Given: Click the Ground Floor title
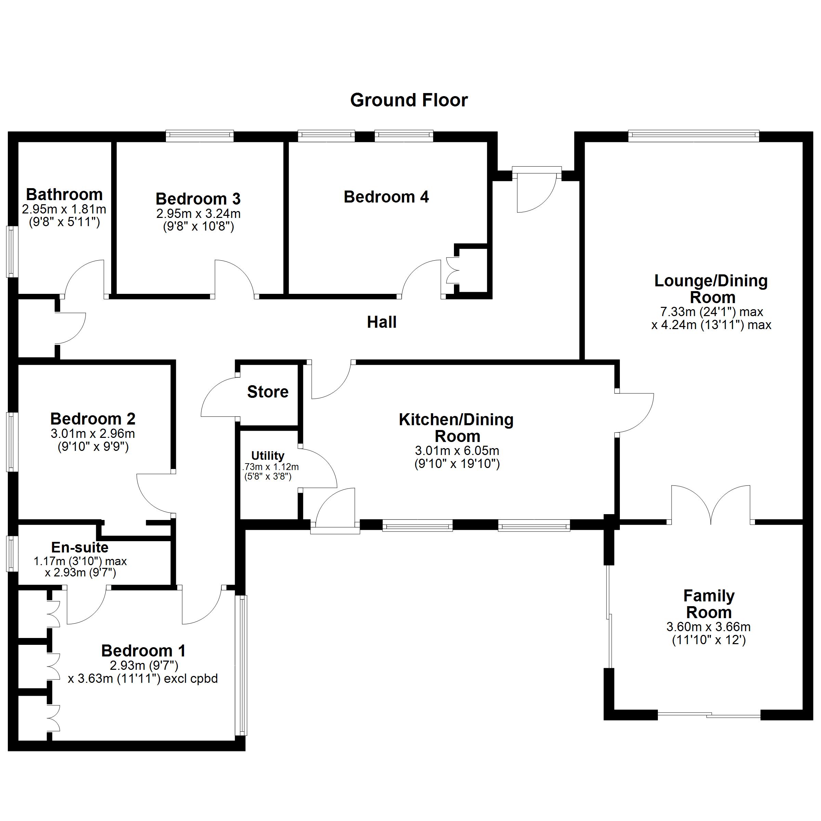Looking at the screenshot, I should tap(409, 100).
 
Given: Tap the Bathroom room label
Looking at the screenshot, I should tap(64, 195).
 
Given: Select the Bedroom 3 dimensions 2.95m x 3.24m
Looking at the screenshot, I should tap(198, 213).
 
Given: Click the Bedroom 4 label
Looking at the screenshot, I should tap(386, 197).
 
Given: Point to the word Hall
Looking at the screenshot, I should tap(382, 322).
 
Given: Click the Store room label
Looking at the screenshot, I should tap(268, 392).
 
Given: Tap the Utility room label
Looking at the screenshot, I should tap(268, 456).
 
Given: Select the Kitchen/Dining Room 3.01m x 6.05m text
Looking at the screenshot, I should tap(457, 451).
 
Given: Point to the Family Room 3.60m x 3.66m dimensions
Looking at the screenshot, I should tap(708, 627).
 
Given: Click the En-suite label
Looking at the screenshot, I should tap(80, 547).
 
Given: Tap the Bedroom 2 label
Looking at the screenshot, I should tap(93, 419).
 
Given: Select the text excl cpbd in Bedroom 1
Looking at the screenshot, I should tap(191, 679).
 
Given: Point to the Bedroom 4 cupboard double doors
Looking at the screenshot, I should tap(453, 270).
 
